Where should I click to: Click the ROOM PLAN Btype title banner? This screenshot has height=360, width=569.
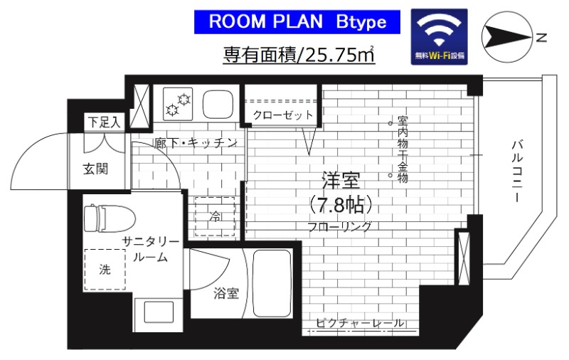pyautogui.click(x=298, y=22)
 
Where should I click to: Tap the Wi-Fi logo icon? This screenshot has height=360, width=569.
pyautogui.click(x=440, y=37)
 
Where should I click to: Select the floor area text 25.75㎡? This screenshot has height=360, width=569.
pyautogui.click(x=339, y=53)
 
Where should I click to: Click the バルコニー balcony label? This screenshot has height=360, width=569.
pyautogui.click(x=517, y=171)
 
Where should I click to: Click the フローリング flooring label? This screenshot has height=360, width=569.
pyautogui.click(x=339, y=228)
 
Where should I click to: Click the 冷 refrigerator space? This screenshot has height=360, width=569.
pyautogui.click(x=214, y=217)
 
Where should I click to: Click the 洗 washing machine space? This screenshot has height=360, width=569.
pyautogui.click(x=105, y=269)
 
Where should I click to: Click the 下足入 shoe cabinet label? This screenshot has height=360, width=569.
pyautogui.click(x=104, y=122)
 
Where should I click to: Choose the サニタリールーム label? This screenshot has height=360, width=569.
pyautogui.click(x=145, y=248)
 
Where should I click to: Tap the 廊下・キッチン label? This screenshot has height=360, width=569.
pyautogui.click(x=195, y=143)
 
